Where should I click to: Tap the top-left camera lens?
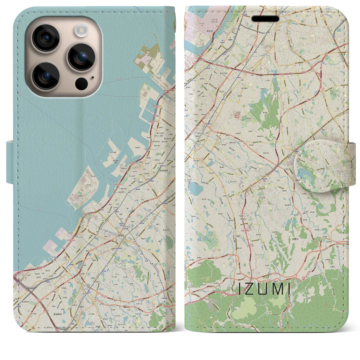pyautogui.click(x=45, y=38)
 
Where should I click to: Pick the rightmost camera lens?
pyautogui.click(x=82, y=57)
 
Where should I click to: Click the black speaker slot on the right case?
pyautogui.click(x=265, y=19)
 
